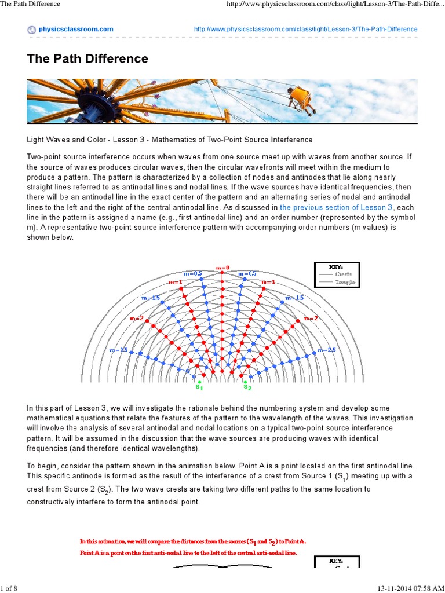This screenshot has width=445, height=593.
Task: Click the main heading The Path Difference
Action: (87, 58)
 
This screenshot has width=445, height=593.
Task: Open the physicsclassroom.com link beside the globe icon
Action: (76, 29)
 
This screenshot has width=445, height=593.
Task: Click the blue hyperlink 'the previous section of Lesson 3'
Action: (337, 207)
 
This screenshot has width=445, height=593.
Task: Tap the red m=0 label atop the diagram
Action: (222, 268)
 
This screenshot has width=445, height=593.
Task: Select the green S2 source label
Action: (247, 386)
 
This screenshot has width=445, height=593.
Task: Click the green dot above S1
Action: (199, 382)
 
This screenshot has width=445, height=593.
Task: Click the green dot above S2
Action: (246, 382)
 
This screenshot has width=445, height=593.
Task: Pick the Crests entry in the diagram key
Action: (347, 274)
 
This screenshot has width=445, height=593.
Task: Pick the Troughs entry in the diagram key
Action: (347, 282)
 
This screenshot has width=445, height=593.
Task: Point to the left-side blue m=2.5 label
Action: (118, 350)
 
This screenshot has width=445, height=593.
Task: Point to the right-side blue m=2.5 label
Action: (326, 350)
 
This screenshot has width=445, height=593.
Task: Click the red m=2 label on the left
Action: (137, 319)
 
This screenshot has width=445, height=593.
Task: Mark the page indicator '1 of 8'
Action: (9, 588)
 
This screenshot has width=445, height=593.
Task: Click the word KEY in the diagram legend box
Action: (337, 267)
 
